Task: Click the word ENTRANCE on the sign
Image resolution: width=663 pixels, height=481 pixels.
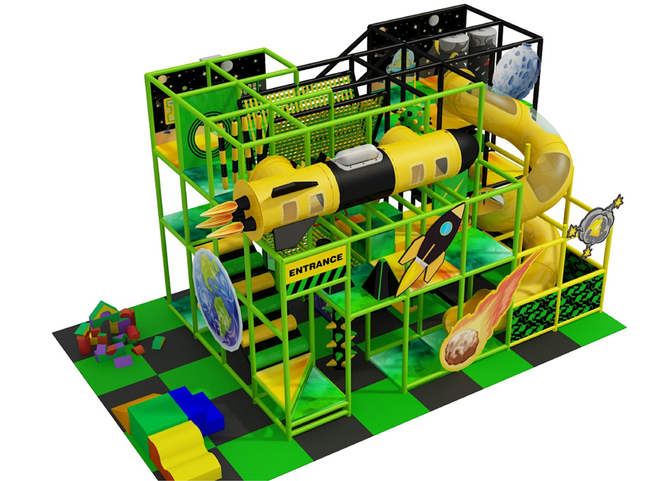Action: click(x=315, y=265)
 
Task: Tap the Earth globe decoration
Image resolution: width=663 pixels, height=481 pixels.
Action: click(x=217, y=299)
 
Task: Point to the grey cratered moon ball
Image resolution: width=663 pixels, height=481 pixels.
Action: click(x=516, y=71)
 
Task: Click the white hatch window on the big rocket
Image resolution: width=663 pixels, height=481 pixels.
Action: click(x=359, y=158)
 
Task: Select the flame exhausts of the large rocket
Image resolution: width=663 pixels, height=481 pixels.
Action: click(x=221, y=219)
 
